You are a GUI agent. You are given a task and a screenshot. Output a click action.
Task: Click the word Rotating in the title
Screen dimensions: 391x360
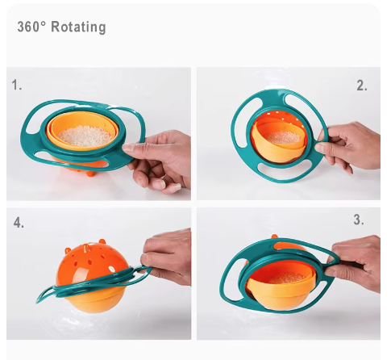(x=78, y=27)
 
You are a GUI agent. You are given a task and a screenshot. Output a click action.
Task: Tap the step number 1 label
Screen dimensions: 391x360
(x=16, y=85)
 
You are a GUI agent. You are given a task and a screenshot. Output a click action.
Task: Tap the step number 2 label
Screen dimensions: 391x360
(x=362, y=86)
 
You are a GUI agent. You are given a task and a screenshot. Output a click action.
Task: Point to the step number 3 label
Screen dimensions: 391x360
(x=359, y=220)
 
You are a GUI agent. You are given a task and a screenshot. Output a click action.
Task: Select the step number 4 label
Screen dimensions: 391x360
(x=19, y=223)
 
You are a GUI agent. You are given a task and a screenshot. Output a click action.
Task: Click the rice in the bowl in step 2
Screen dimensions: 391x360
(x=285, y=137)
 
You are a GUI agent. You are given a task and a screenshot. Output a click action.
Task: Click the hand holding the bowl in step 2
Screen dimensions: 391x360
(x=348, y=147)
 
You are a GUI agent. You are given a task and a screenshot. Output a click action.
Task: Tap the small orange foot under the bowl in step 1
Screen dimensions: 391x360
(x=90, y=173)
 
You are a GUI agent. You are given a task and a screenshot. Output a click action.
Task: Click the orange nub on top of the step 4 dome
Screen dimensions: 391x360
(x=102, y=241)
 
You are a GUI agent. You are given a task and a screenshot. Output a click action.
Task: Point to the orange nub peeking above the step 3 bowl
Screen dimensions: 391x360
(x=274, y=237)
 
